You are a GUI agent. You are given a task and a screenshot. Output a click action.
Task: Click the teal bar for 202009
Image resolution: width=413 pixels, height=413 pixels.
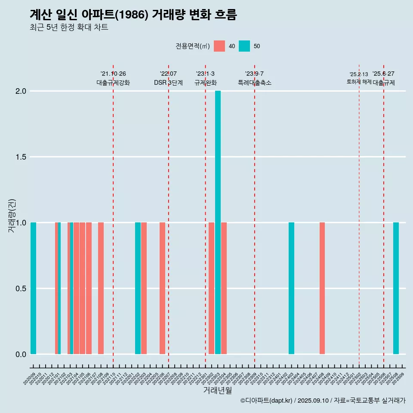pos(33,288)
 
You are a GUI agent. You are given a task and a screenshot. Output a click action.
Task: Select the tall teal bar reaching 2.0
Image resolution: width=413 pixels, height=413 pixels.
pos(218,222)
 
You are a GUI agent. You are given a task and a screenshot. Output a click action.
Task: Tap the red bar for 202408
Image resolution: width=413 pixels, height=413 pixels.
pos(322,288)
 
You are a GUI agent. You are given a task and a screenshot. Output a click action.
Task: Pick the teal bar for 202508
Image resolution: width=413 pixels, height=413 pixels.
pos(396,288)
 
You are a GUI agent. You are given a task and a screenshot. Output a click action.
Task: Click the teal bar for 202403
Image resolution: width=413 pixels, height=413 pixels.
pos(291,288)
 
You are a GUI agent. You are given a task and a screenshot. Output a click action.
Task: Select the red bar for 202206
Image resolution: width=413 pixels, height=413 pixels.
pos(162,288)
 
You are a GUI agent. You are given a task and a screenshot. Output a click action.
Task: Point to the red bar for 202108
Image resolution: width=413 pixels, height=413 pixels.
pos(101,288)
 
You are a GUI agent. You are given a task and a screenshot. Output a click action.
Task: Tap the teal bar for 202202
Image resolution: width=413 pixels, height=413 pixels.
pos(138,288)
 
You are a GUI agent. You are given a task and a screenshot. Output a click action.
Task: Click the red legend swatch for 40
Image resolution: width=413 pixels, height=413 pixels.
pos(219,46)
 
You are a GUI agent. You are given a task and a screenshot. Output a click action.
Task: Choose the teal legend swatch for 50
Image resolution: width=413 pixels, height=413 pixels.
pos(244,46)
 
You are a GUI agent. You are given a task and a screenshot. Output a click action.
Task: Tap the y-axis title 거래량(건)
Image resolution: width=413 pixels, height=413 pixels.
pos(12,216)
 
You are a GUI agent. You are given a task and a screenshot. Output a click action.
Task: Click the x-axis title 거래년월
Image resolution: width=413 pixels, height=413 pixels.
pos(217,391)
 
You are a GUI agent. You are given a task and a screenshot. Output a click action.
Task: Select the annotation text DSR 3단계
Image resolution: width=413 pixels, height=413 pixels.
pos(168,83)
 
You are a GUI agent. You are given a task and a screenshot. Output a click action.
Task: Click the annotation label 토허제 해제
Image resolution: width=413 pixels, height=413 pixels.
pos(359,82)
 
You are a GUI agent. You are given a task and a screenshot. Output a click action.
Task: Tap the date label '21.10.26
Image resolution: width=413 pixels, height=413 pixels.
pos(113,74)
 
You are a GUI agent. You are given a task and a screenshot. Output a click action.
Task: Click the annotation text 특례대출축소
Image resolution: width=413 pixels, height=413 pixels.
pos(255,83)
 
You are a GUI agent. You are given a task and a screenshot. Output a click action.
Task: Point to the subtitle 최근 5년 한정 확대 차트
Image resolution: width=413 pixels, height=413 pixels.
pos(69,28)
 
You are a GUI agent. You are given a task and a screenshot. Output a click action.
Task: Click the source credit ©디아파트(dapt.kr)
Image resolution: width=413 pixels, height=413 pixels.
pos(266,401)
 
